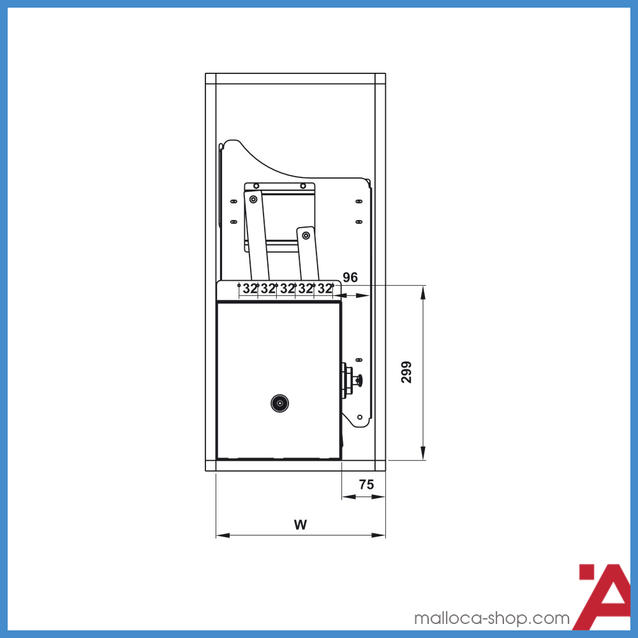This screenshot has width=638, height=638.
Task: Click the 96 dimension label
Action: tap(350, 278)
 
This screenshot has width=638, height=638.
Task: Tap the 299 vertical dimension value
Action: tap(406, 372)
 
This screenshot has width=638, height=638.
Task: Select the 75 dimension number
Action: tap(366, 485)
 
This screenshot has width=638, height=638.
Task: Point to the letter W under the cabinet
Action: tap(300, 525)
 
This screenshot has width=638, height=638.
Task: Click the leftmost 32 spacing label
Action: tap(249, 288)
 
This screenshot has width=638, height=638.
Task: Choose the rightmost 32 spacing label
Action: tap(325, 288)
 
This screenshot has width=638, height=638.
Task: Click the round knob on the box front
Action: tap(279, 403)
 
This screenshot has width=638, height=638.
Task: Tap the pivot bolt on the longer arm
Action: tap(254, 200)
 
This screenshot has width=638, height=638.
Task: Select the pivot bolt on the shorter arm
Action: tap(306, 236)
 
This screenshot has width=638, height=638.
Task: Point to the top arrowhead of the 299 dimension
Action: tap(423, 290)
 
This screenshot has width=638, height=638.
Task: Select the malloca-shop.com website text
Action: tap(491, 618)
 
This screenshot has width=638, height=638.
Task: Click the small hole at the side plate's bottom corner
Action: tap(360, 417)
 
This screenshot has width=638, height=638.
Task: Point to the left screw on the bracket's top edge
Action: tap(256, 186)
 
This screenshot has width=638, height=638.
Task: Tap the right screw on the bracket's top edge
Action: tap(302, 186)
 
